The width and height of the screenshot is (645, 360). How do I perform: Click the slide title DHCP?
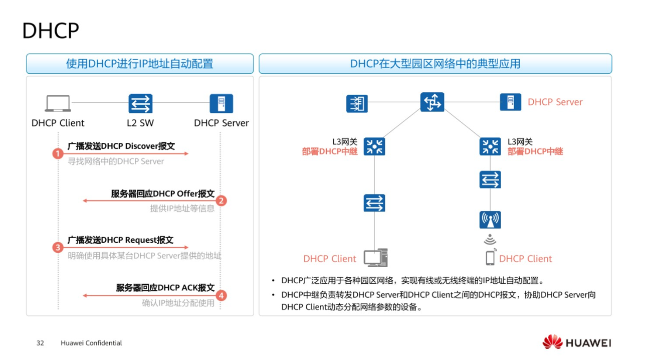point(51,31)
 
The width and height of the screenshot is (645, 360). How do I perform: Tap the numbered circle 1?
point(58,153)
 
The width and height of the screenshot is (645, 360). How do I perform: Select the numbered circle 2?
point(221,201)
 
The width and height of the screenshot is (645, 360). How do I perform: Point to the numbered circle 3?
point(58,247)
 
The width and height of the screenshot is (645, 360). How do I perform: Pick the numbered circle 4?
point(221,295)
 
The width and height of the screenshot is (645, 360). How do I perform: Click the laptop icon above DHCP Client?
point(58,104)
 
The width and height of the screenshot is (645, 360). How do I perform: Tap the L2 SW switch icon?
point(140,104)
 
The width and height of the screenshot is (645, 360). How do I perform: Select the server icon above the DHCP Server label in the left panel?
point(221,104)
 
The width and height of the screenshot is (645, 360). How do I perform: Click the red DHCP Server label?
point(555,102)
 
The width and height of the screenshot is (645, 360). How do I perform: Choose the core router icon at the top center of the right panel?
point(432,102)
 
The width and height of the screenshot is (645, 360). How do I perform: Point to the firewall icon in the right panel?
point(357,104)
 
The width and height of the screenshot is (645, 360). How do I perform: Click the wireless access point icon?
point(490,220)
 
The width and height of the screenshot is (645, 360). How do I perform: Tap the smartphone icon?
point(490,257)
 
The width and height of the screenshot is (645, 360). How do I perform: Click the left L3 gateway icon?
point(374,146)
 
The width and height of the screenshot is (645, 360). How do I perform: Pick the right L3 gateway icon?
point(490,146)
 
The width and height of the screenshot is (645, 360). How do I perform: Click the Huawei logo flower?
point(552,342)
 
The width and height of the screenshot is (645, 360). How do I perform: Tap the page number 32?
point(41,343)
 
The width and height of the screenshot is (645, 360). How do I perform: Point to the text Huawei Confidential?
point(91,343)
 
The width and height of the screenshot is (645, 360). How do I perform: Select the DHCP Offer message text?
point(163,194)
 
